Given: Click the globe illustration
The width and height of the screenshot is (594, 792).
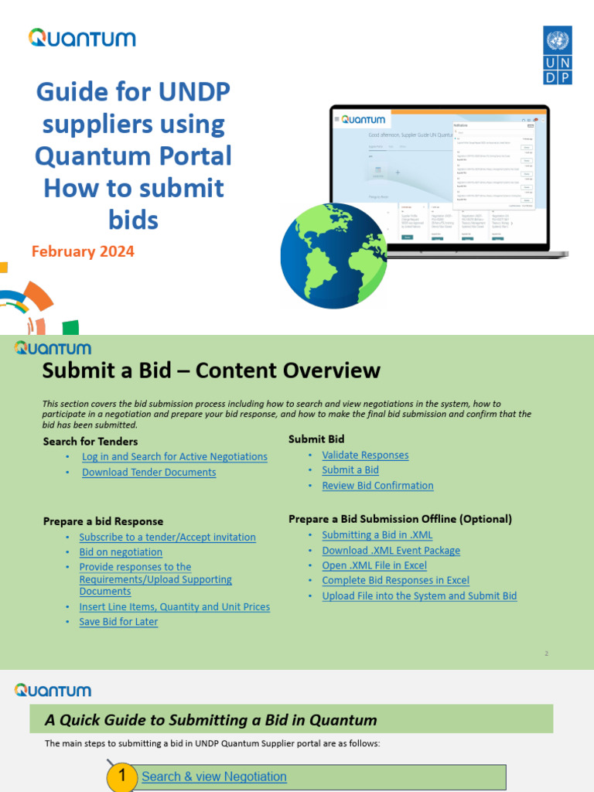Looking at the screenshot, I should tap(333, 256).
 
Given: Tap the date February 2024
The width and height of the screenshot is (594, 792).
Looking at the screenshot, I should tap(83, 251).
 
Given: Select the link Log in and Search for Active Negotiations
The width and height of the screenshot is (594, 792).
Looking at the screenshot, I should tap(175, 457).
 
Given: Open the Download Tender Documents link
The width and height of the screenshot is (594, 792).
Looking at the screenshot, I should tap(149, 473).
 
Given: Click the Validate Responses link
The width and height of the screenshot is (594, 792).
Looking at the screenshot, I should tap(365, 456).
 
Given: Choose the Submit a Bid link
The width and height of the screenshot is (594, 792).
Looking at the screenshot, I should tap(350, 470).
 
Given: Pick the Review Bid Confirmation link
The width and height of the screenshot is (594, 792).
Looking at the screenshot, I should tap(377, 486).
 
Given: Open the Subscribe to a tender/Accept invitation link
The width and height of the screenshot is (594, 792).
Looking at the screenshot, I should tap(167, 538).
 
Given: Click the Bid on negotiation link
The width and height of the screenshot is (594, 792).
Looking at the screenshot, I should tap(121, 552).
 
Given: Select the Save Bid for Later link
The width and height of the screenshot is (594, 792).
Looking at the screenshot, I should tap(118, 622).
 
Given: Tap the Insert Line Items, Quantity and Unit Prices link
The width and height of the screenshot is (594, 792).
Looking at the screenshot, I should tap(175, 607).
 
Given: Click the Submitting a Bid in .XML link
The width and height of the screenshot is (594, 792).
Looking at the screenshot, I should tap(377, 535).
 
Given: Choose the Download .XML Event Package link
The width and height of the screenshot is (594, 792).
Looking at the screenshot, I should tap(391, 551).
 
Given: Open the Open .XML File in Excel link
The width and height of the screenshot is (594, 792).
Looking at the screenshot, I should tap(374, 565).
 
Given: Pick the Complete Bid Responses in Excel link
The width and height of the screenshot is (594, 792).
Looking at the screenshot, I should tap(395, 581).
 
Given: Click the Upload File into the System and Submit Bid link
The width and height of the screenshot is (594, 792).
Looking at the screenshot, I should tap(419, 596).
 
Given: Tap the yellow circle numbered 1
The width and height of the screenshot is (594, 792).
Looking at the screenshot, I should tap(121, 777).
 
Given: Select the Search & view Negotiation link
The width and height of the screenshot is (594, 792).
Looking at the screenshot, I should tap(214, 777).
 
